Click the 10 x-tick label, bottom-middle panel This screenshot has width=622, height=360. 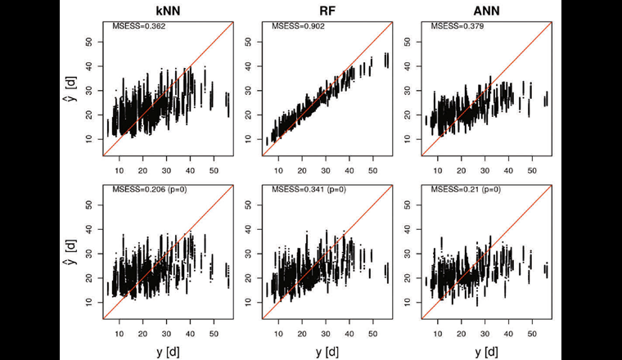[277, 333]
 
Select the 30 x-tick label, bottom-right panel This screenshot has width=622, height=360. [483, 333]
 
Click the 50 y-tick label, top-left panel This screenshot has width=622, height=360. [88, 39]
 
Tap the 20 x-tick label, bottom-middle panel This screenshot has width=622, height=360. [301, 333]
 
